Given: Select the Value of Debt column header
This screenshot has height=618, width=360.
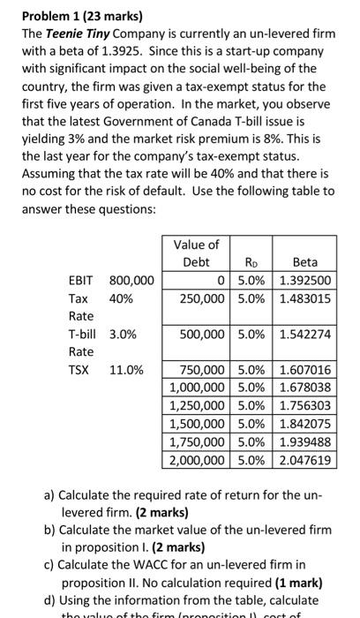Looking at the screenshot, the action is [196, 252].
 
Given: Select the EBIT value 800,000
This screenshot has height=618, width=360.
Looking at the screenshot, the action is [131, 281].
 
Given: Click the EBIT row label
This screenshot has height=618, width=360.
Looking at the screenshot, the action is [82, 281].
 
